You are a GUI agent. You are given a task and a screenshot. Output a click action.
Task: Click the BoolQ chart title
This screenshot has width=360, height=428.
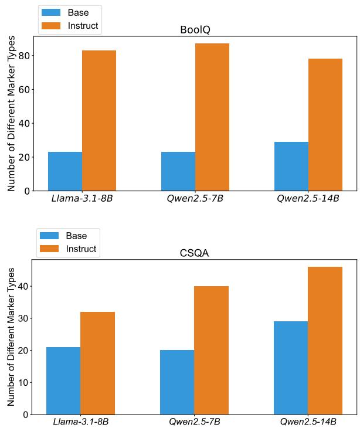tap(195, 30)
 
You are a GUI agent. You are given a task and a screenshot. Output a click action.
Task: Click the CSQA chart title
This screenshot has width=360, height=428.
tap(195, 253)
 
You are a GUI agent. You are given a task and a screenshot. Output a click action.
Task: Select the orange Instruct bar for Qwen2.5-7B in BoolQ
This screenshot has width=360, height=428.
tap(212, 117)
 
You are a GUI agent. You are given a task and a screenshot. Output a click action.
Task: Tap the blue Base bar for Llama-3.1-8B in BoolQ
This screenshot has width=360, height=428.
tap(65, 171)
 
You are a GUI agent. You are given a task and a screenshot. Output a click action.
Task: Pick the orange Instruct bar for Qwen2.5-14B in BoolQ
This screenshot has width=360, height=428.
tap(325, 124)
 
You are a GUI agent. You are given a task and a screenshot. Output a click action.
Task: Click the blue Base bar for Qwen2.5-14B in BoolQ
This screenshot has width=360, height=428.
tap(291, 166)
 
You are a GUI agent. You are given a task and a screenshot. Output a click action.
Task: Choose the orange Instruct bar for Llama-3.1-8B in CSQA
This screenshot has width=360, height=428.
tap(98, 363)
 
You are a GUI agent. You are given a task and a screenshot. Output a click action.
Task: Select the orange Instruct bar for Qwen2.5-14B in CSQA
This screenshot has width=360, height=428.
tap(325, 341)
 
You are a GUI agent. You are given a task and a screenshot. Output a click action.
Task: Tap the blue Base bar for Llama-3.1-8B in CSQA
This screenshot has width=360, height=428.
tap(64, 381)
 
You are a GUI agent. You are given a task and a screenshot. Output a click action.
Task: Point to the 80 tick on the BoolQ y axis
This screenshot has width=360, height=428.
tap(25, 56)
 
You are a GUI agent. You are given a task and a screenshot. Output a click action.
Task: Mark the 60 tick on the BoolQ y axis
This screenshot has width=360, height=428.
tap(25, 90)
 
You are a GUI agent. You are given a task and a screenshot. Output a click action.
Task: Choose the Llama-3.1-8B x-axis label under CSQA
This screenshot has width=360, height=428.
tap(81, 422)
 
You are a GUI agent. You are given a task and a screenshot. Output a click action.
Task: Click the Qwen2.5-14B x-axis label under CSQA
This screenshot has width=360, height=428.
tap(308, 422)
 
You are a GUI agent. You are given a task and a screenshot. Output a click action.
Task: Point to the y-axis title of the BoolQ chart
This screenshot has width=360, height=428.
tap(11, 113)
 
